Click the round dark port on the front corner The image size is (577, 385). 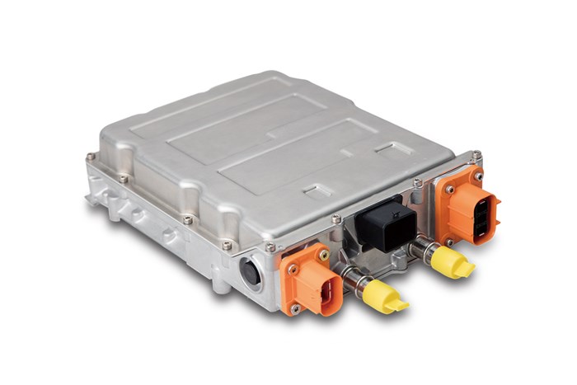250,272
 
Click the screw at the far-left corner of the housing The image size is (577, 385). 90,156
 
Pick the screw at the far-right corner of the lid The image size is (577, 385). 476,153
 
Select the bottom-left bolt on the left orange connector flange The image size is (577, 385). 292,308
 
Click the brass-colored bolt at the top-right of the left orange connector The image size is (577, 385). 324,256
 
